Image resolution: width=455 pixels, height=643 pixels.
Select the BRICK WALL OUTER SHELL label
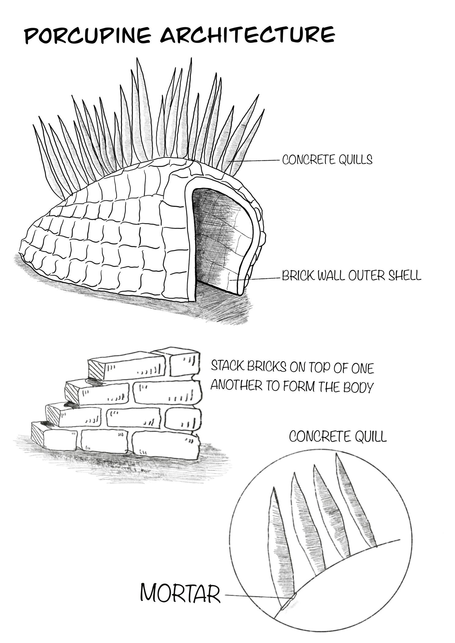[x=351, y=276]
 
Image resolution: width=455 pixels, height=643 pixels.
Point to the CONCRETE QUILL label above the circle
[x=338, y=437]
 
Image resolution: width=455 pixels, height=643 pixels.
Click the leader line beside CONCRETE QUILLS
[x=257, y=160]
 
